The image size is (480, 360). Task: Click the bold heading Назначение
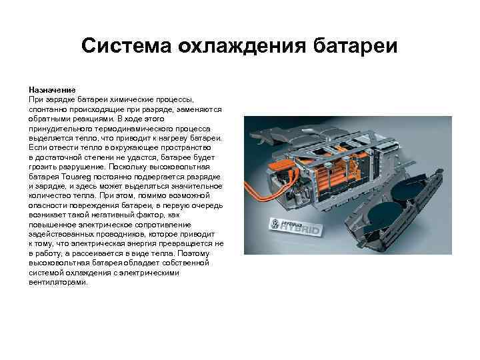[x=52, y=89]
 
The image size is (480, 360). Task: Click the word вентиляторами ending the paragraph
[x=58, y=282]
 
